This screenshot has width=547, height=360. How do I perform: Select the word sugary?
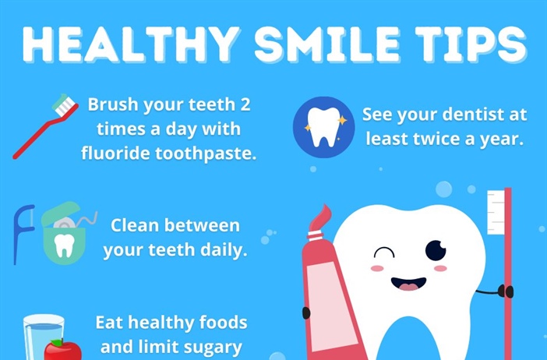[210, 347]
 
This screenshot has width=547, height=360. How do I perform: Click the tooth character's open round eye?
[436, 250]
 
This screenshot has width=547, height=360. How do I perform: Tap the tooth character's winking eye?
[383, 252]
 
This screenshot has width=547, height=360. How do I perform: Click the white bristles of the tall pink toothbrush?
[496, 211]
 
